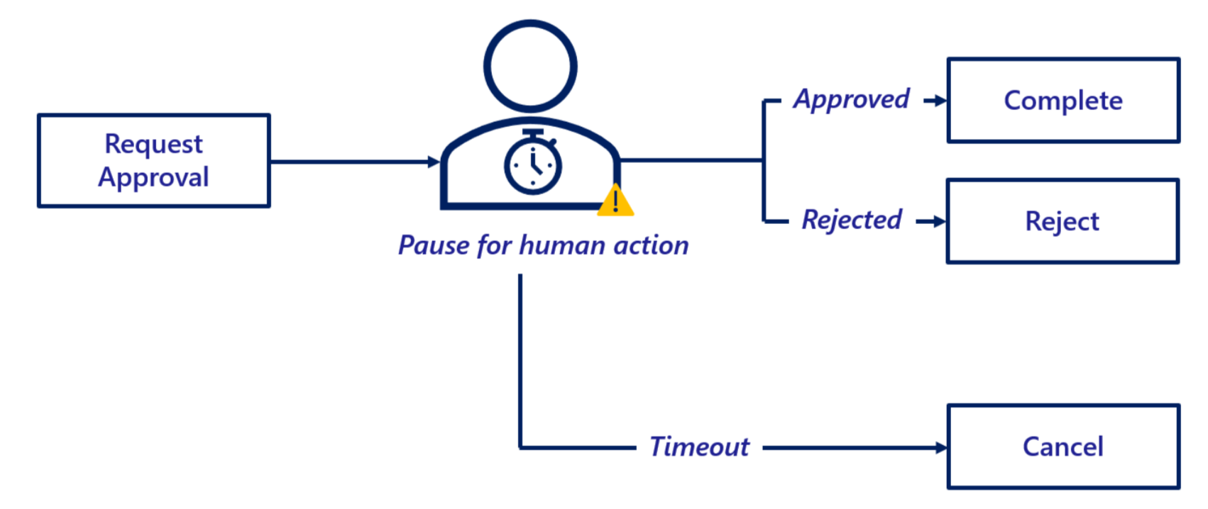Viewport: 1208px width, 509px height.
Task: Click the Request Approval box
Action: click(154, 161)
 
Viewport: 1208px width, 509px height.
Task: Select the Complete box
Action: click(1063, 101)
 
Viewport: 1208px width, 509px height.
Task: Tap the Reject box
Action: click(1063, 221)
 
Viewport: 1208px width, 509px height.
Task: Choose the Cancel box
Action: click(1063, 447)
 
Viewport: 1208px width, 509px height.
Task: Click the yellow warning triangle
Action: click(615, 201)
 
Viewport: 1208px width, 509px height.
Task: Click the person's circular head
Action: click(530, 66)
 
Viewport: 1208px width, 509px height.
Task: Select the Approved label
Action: click(852, 100)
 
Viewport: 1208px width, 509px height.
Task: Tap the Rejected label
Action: click(852, 220)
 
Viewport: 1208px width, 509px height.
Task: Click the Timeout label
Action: click(699, 447)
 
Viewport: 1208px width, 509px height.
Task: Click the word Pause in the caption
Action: click(433, 245)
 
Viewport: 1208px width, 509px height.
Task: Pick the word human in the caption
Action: click(561, 245)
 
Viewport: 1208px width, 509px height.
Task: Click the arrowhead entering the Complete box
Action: click(940, 101)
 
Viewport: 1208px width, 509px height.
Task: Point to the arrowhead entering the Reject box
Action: click(940, 222)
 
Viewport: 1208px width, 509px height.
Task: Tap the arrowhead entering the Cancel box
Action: click(941, 447)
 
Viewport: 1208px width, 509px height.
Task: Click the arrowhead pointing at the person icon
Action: click(434, 162)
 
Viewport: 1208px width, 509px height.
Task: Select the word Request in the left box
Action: click(153, 144)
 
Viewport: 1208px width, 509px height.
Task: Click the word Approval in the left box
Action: click(153, 177)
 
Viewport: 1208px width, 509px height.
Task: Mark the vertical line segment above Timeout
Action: click(520, 362)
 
